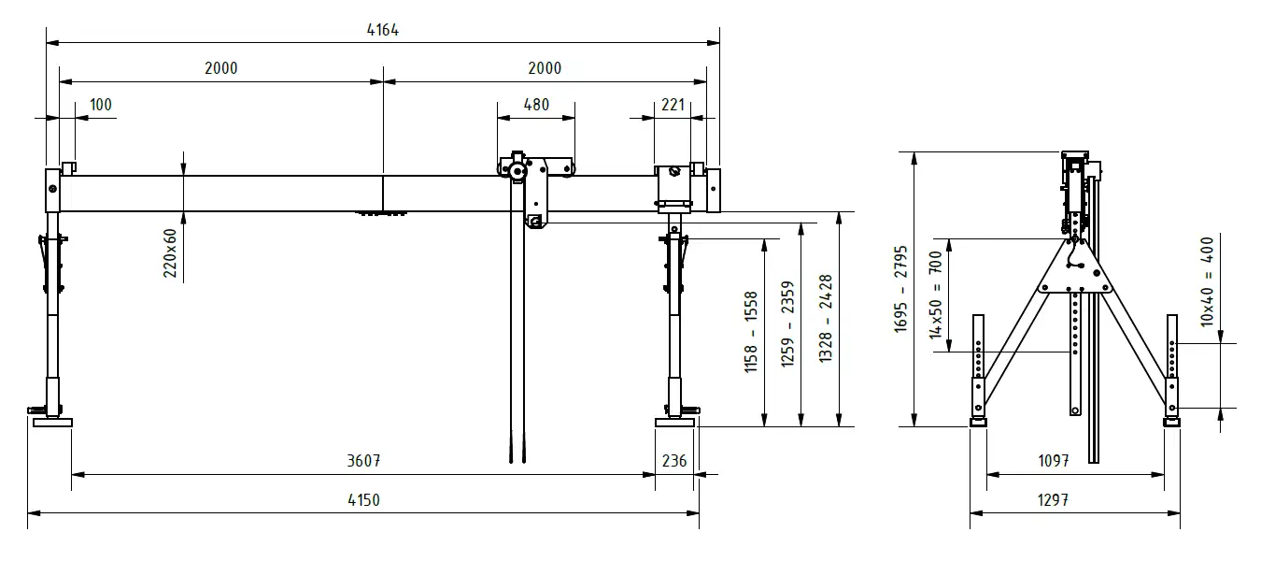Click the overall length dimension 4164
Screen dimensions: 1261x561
[x=383, y=30]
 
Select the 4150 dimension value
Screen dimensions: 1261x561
[x=363, y=500]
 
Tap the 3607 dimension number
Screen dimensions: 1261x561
[x=363, y=461]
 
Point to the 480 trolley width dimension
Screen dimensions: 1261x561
[x=536, y=105]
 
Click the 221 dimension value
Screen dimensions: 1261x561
[x=673, y=105]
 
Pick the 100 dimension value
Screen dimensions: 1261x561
[x=101, y=105]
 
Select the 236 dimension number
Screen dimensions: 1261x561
[x=674, y=461]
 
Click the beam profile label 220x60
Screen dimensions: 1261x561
[x=170, y=252]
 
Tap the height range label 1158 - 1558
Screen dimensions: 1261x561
[x=751, y=332]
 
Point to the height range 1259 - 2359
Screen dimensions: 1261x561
[x=787, y=324]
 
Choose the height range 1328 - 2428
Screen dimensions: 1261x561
[x=826, y=318]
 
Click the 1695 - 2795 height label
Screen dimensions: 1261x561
[x=900, y=288]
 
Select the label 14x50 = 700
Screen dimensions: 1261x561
[x=936, y=295]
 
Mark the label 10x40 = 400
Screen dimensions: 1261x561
[x=1207, y=281]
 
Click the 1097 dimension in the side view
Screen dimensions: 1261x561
[x=1054, y=461]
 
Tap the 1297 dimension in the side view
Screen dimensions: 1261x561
[x=1054, y=500]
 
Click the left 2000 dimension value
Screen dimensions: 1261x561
[x=220, y=68]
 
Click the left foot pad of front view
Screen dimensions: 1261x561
[x=53, y=423]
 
